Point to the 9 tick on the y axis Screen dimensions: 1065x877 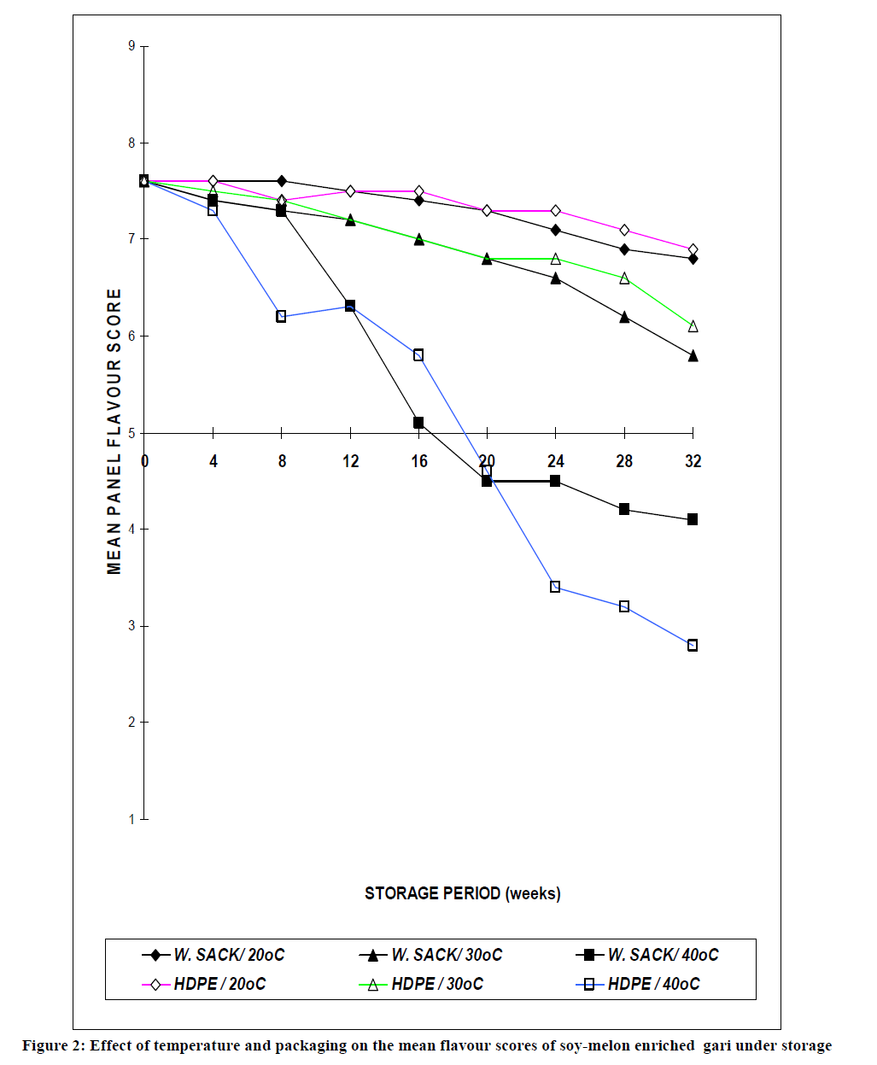pyautogui.click(x=132, y=46)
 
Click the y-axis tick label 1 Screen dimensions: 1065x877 pyautogui.click(x=132, y=819)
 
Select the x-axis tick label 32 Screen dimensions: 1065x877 pyautogui.click(x=693, y=461)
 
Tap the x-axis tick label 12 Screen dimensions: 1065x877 pyautogui.click(x=350, y=461)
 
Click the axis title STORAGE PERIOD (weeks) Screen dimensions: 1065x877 pyautogui.click(x=462, y=893)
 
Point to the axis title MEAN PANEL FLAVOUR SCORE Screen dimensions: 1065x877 pyautogui.click(x=114, y=431)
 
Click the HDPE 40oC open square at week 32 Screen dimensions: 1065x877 pyautogui.click(x=693, y=646)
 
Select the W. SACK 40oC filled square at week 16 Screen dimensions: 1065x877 pyautogui.click(x=418, y=423)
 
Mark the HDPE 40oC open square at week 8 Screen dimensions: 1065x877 pyautogui.click(x=281, y=317)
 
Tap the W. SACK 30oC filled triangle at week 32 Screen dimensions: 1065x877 pyautogui.click(x=693, y=355)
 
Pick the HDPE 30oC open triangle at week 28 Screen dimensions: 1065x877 pyautogui.click(x=624, y=278)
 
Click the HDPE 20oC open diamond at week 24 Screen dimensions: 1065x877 pyautogui.click(x=556, y=211)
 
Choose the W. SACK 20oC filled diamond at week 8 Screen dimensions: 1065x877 pyautogui.click(x=281, y=181)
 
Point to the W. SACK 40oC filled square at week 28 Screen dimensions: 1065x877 pyautogui.click(x=624, y=510)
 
